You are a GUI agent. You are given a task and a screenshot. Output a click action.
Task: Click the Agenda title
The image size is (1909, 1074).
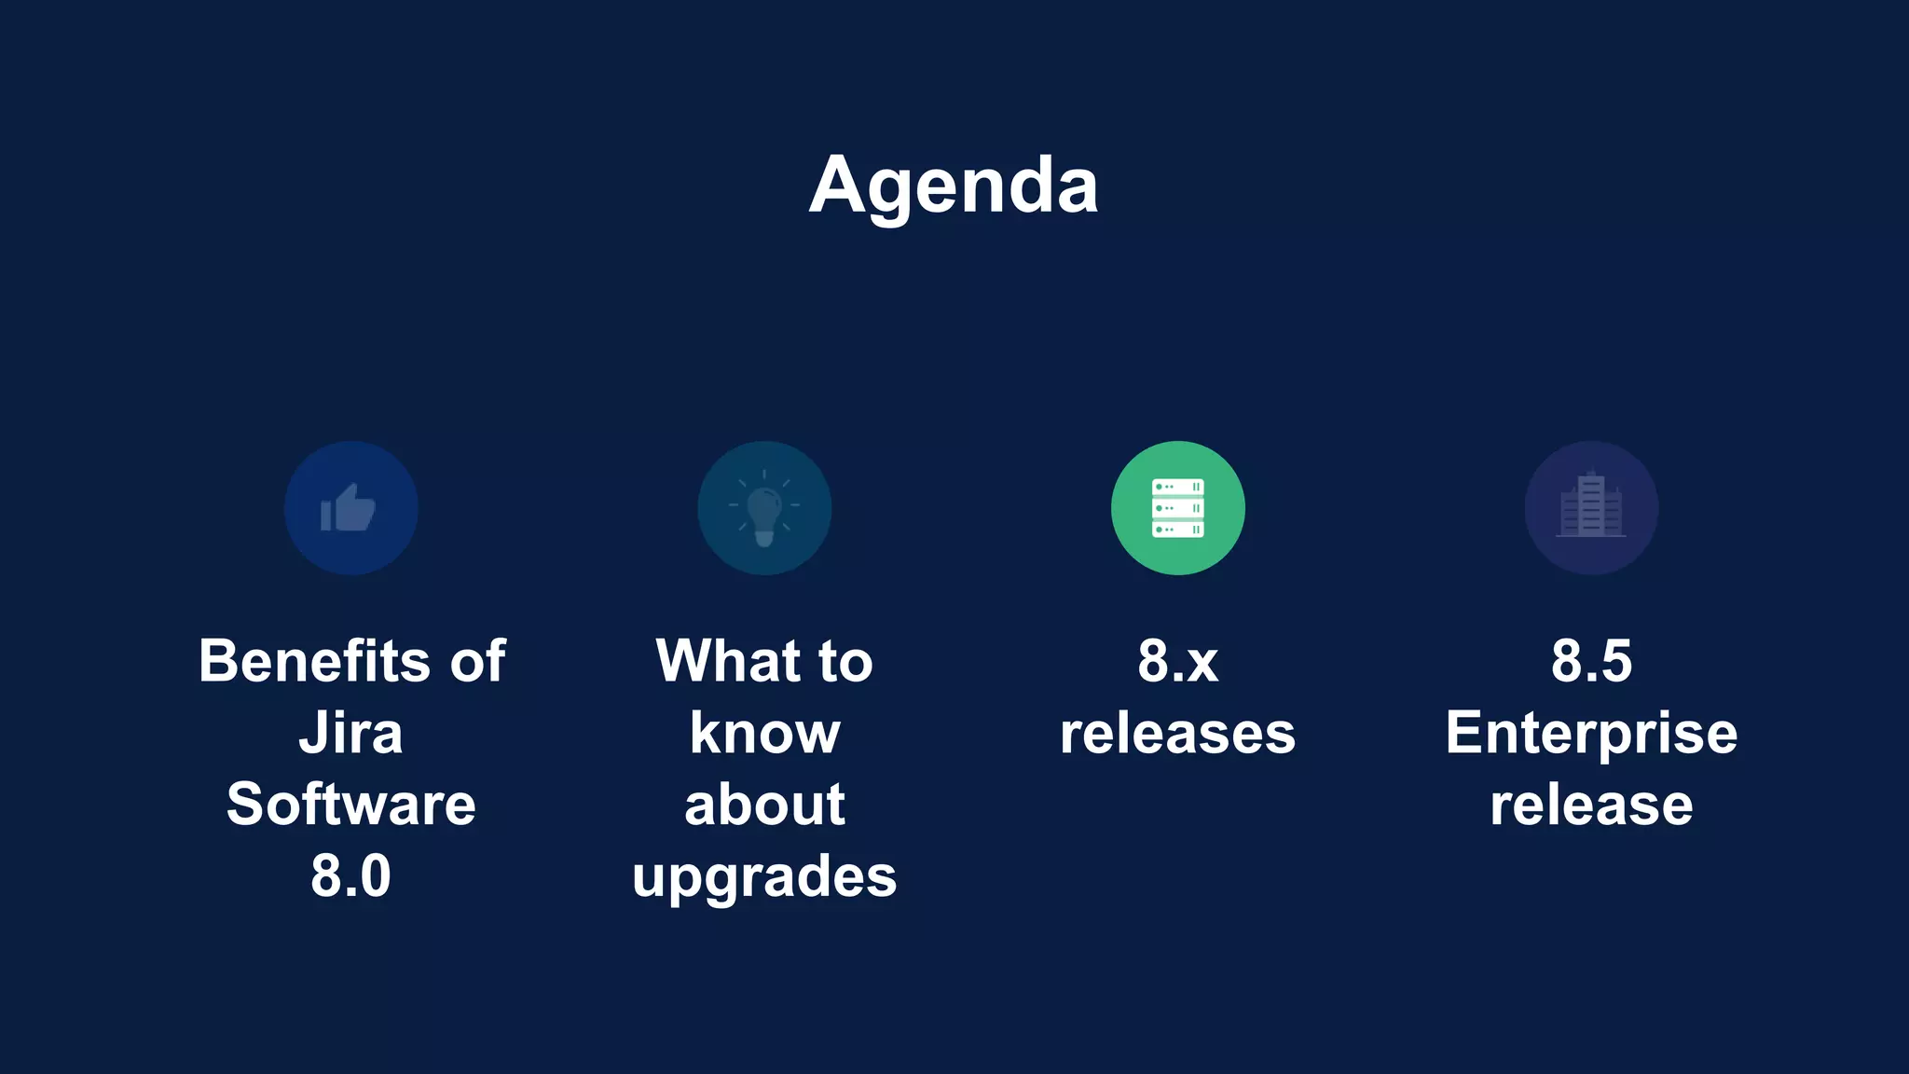[954, 186]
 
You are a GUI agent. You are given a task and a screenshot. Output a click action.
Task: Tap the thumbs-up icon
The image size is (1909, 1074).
[350, 508]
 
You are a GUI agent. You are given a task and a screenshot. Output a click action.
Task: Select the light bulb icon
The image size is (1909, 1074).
[764, 509]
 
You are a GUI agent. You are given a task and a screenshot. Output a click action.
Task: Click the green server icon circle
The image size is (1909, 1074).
[1177, 508]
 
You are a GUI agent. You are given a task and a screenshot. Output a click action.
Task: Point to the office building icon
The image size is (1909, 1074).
[1591, 508]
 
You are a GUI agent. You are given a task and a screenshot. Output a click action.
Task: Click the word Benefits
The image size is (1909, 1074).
[313, 662]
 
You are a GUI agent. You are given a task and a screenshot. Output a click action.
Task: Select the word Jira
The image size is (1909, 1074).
[351, 734]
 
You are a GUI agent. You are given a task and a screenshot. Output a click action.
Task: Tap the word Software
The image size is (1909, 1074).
[351, 805]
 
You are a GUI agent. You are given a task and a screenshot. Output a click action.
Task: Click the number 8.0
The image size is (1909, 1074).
[351, 876]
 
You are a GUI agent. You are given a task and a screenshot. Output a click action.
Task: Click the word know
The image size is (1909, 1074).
[764, 734]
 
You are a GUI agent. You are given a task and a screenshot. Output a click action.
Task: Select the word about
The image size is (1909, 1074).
[764, 805]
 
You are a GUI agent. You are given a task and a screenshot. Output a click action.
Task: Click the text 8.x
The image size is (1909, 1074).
[1177, 662]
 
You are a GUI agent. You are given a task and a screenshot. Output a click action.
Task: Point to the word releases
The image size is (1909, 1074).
[1177, 734]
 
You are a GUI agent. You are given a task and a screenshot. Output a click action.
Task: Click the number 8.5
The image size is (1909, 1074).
[1591, 662]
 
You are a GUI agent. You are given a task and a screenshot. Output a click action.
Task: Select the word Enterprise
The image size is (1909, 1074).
[1591, 734]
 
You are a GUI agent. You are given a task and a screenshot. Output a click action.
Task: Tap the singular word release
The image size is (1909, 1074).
[1591, 805]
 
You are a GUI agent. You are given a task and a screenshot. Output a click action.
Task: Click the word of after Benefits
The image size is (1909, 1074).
[478, 662]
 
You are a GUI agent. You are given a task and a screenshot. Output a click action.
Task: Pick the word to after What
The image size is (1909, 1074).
[845, 662]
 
